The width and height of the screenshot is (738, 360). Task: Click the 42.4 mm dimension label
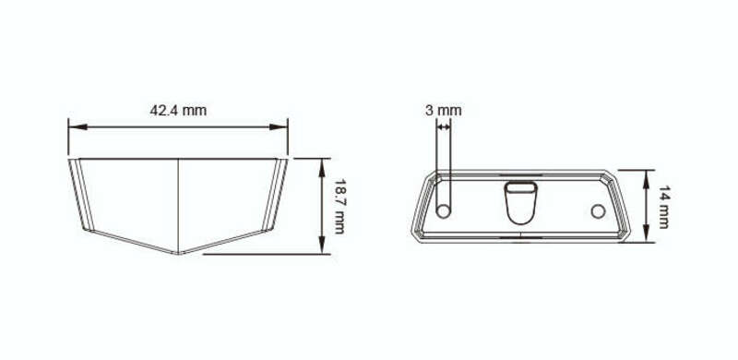point(178,111)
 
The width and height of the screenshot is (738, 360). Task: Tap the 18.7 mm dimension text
point(339,207)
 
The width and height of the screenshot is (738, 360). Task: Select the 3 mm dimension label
point(444,111)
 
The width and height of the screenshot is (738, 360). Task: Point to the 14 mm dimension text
point(663,207)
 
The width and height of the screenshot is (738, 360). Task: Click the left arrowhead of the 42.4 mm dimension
point(77,126)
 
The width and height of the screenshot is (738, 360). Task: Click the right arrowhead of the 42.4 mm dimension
point(279,126)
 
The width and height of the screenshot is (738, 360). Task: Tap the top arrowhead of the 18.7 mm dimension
point(322,168)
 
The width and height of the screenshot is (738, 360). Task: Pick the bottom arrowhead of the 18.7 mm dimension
point(322,245)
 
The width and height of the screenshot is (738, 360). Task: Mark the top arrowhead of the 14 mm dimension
point(647,178)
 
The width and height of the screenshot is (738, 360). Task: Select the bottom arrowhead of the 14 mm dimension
point(647,234)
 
